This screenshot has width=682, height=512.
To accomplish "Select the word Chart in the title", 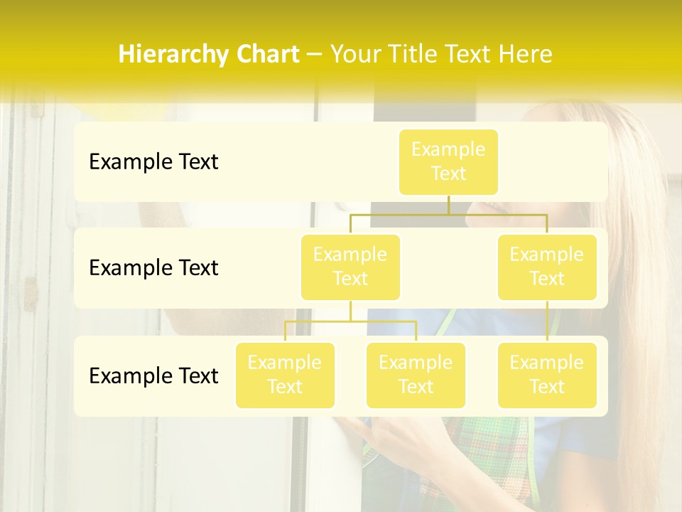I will [x=266, y=55].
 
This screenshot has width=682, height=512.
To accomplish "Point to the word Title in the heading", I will [x=416, y=55].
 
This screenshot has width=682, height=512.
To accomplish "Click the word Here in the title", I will [x=524, y=55].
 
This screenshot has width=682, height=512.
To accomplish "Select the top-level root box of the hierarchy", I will [x=448, y=161].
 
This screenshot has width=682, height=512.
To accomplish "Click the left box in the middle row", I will [x=350, y=267].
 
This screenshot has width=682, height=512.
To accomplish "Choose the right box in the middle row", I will [x=547, y=267].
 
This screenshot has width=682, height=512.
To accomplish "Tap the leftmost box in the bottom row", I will [x=285, y=375].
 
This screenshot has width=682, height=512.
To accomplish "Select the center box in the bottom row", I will [x=416, y=375].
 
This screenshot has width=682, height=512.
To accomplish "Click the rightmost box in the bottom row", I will [x=547, y=375].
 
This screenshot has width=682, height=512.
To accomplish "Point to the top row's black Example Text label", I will [x=153, y=162].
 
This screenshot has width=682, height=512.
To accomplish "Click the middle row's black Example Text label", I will [x=153, y=268].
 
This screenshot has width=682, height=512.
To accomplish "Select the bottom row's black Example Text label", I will [x=153, y=375].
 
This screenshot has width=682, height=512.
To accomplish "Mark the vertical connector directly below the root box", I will [x=448, y=205].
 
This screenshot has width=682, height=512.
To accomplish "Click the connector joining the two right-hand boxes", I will [x=547, y=321].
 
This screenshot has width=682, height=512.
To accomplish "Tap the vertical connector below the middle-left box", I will [x=350, y=311].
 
